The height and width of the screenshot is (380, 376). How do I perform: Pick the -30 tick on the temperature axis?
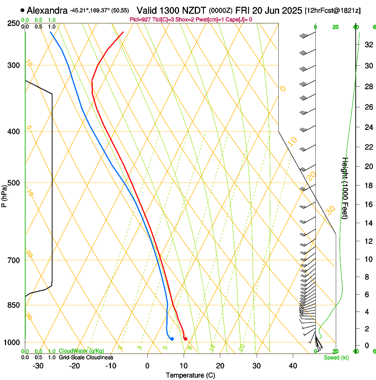tap(38, 366)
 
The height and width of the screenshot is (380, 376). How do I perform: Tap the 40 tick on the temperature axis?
tap(293, 366)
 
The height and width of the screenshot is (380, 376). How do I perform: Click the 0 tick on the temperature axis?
tap(147, 366)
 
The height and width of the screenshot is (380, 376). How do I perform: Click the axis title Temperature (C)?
tap(190, 375)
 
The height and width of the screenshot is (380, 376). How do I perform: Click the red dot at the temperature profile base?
tap(185, 339)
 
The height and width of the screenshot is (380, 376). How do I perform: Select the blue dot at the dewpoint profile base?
tap(172, 339)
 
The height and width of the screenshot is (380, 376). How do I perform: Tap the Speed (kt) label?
tap(336, 357)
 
